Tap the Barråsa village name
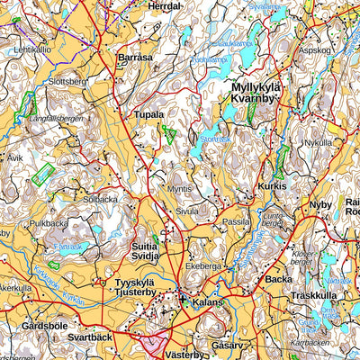[136, 56]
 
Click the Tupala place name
[148, 115]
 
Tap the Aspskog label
[315, 50]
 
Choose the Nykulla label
[318, 142]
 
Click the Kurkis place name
[272, 185]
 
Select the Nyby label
[320, 204]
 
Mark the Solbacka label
[99, 199]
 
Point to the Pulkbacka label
[49, 222]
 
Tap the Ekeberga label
[202, 267]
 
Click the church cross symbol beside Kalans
[183, 300]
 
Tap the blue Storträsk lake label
[216, 139]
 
